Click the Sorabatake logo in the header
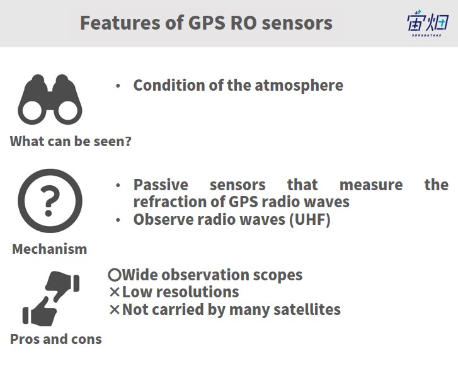[428, 23]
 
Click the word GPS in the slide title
[207, 23]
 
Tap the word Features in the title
[120, 23]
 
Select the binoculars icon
[50, 100]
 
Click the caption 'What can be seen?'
[71, 141]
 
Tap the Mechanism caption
[50, 249]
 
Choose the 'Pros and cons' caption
[56, 340]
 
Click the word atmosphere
[299, 86]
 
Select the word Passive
[161, 185]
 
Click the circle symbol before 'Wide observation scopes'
[114, 275]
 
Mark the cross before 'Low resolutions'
[115, 292]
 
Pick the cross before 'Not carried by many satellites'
[115, 309]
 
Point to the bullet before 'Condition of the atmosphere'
[118, 86]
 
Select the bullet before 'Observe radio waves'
[118, 220]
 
